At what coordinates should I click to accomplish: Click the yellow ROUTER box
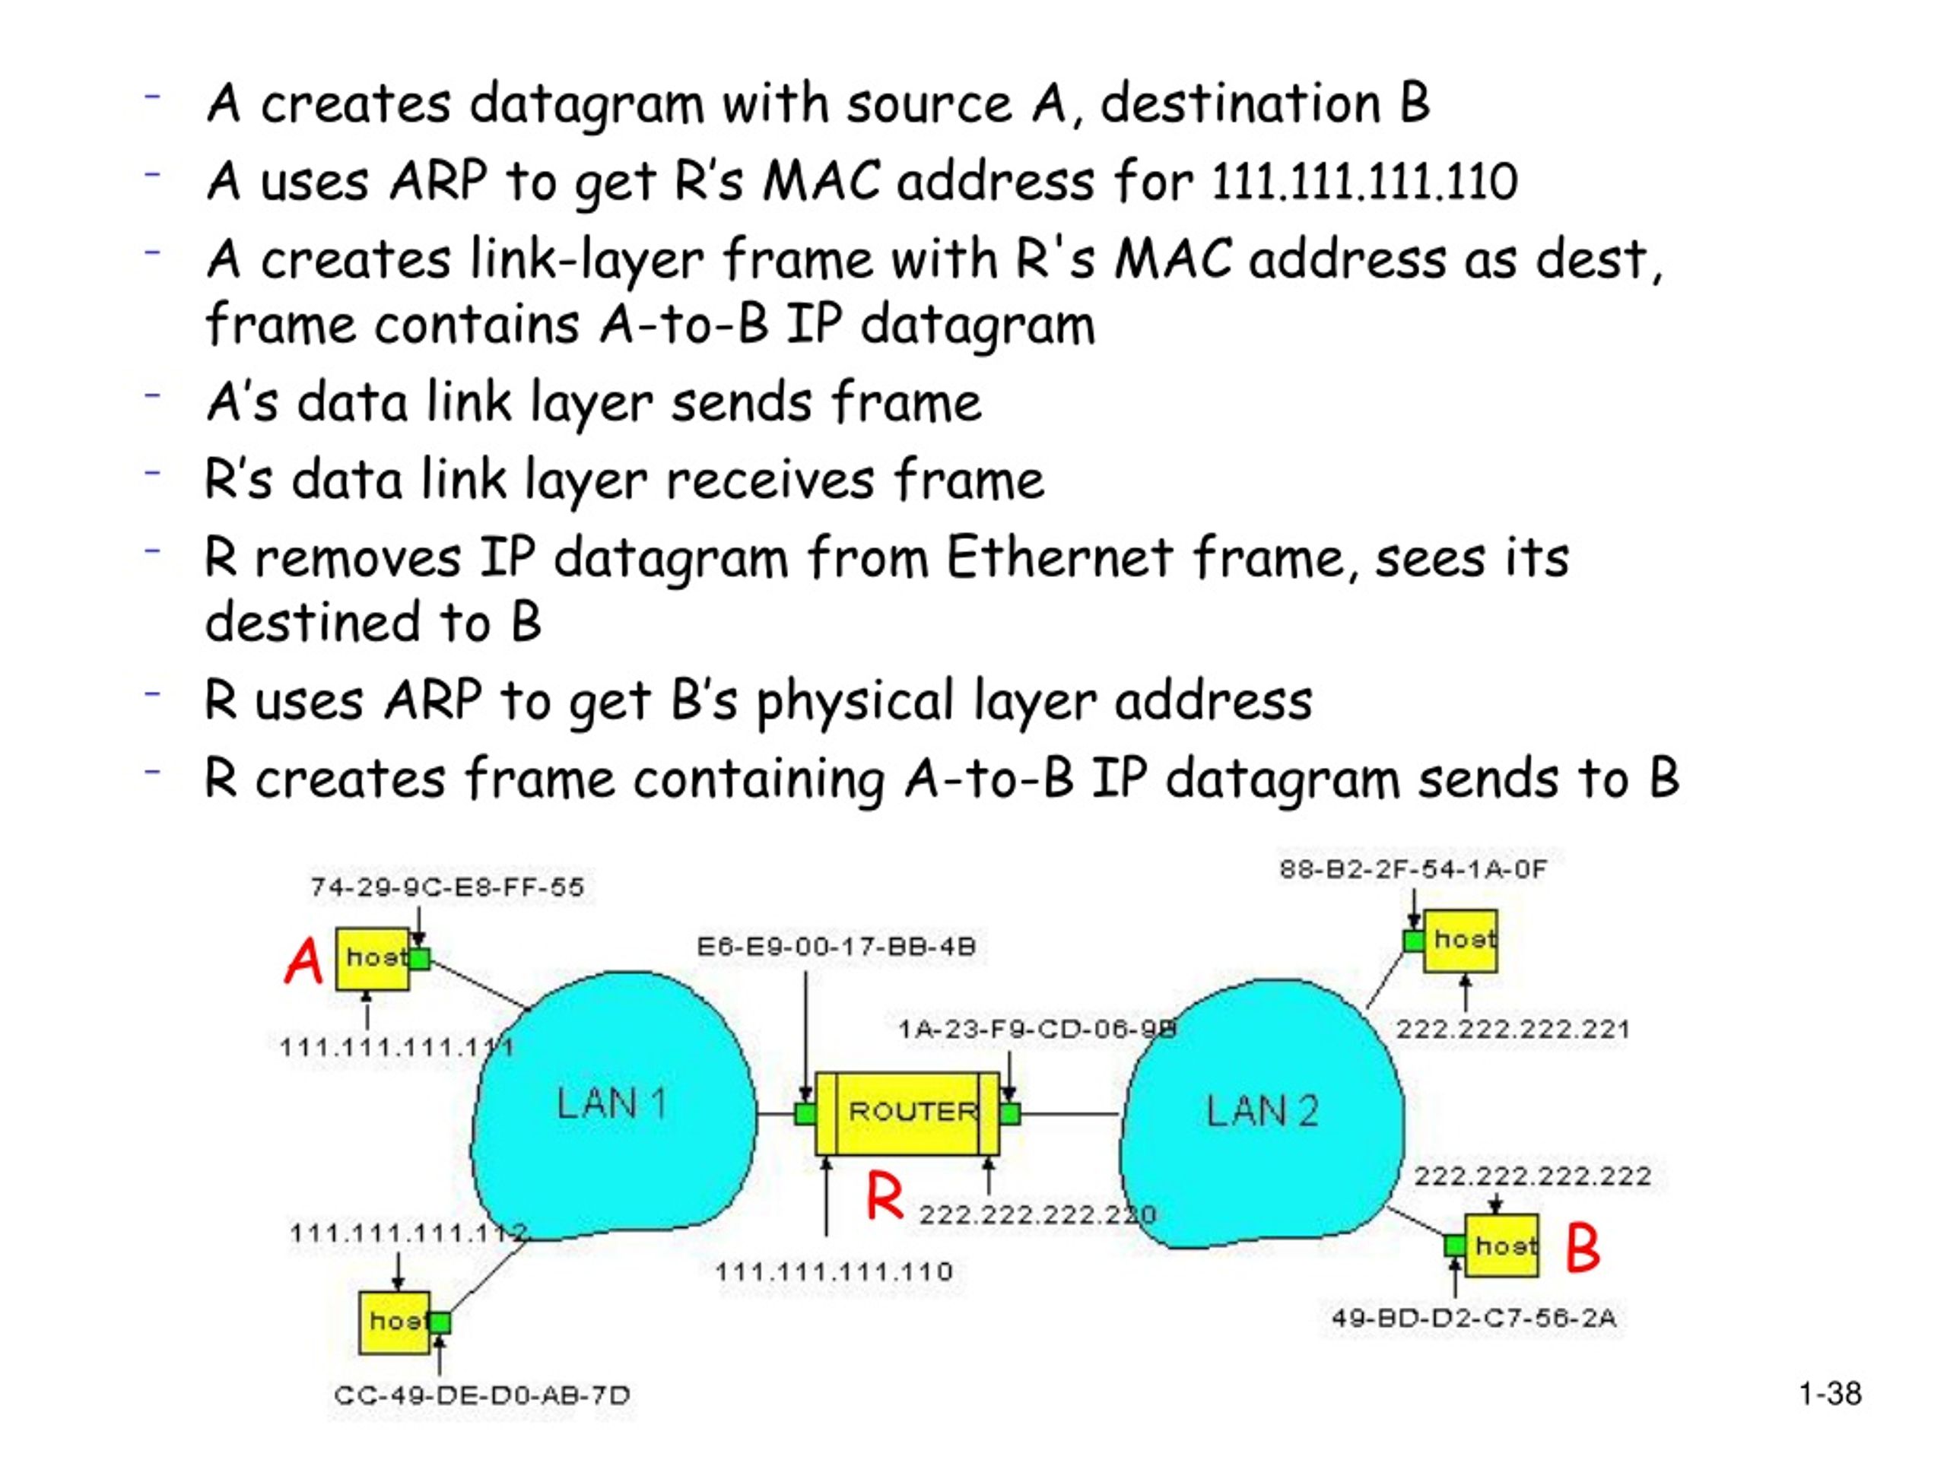click(907, 1113)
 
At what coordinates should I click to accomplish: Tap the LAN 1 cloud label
click(611, 1103)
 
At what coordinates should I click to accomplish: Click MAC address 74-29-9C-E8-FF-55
click(447, 887)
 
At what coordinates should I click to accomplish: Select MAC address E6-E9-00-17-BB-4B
click(836, 947)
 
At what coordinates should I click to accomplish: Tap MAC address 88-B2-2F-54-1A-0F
click(1413, 869)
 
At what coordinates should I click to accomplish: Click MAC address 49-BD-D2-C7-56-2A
click(1473, 1319)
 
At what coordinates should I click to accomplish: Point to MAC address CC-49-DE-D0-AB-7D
click(482, 1396)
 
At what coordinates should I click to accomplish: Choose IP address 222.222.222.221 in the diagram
click(1513, 1029)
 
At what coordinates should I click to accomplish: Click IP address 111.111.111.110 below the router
click(834, 1271)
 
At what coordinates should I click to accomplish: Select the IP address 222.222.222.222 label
click(1533, 1176)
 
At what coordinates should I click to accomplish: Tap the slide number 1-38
click(1830, 1394)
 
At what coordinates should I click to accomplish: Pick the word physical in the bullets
click(855, 703)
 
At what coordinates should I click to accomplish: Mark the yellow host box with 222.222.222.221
click(1460, 941)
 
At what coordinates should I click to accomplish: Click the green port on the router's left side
click(805, 1114)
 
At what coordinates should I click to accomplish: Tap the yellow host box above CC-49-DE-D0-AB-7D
click(394, 1322)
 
